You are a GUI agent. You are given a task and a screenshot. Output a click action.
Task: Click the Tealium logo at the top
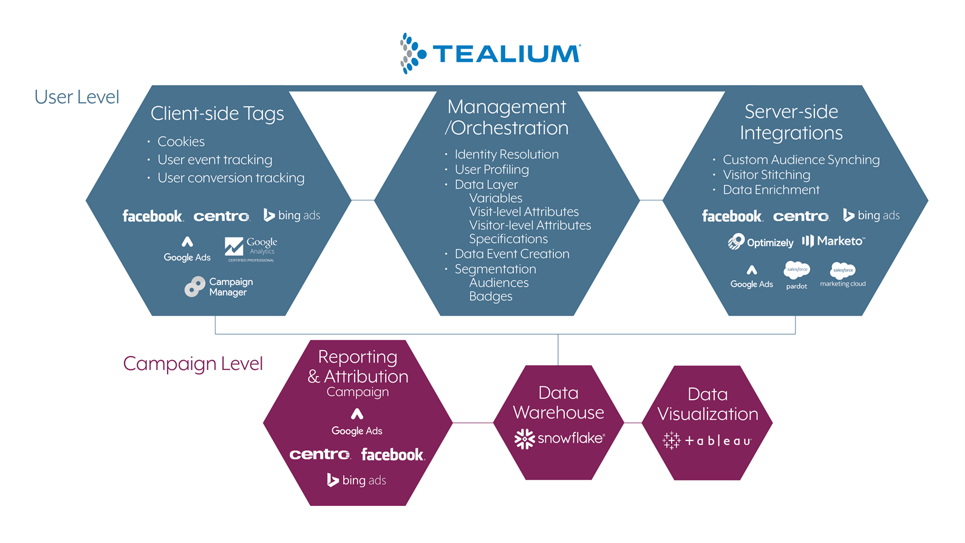pyautogui.click(x=490, y=53)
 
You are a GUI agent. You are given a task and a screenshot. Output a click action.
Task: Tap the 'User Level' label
pyautogui.click(x=77, y=97)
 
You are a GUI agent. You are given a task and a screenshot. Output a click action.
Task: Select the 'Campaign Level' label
pyautogui.click(x=193, y=364)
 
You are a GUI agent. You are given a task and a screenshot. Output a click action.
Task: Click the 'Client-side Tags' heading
pyautogui.click(x=217, y=114)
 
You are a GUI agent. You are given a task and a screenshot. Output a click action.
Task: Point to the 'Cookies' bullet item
pyautogui.click(x=180, y=142)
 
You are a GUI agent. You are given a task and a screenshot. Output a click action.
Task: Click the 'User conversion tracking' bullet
pyautogui.click(x=230, y=178)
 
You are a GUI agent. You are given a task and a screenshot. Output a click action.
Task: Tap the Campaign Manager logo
pyautogui.click(x=219, y=287)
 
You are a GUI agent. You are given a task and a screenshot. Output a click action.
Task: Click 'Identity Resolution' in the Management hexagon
pyautogui.click(x=506, y=154)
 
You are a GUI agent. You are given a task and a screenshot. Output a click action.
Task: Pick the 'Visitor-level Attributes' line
pyautogui.click(x=530, y=225)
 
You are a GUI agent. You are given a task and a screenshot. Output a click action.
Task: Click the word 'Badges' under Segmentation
pyautogui.click(x=490, y=296)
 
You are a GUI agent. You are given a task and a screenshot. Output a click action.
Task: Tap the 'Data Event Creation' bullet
pyautogui.click(x=511, y=254)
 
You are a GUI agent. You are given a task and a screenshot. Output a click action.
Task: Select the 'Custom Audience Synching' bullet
pyautogui.click(x=800, y=160)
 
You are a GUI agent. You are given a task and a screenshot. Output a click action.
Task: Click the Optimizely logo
pyautogui.click(x=760, y=242)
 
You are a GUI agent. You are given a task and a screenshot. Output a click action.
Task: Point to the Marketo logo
pyautogui.click(x=833, y=241)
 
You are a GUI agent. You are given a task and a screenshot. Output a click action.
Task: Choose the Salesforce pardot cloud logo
pyautogui.click(x=796, y=275)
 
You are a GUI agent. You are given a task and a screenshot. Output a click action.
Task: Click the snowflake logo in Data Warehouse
pyautogui.click(x=559, y=439)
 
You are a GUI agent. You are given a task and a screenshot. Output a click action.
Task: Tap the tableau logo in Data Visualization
pyautogui.click(x=707, y=440)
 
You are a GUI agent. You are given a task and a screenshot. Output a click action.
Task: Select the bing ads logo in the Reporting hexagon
pyautogui.click(x=356, y=480)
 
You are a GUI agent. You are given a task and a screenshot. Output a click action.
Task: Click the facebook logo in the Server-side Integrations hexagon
pyautogui.click(x=732, y=216)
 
